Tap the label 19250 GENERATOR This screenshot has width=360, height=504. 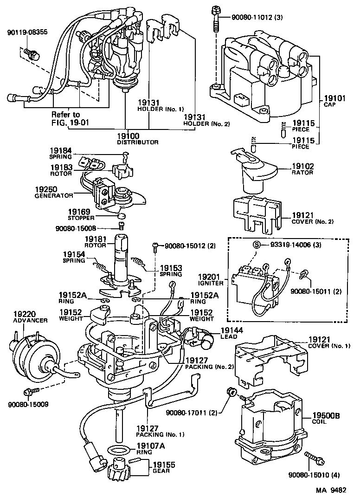[x=54, y=193]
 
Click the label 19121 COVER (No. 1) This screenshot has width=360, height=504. [x=323, y=343]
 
